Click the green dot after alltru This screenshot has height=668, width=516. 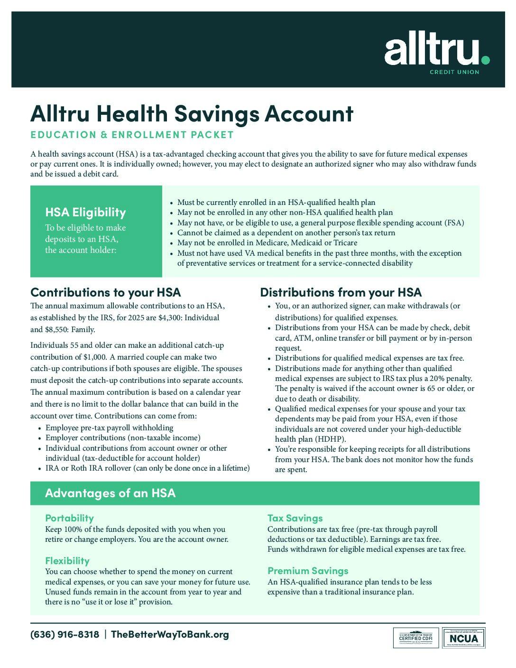point(485,60)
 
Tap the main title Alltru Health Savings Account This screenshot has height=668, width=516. point(192,114)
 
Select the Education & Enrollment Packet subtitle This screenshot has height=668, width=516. point(132,135)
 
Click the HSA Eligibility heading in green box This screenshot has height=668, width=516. point(85,213)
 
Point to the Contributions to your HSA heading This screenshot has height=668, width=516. point(105,292)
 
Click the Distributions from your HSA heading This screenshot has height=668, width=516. point(341,292)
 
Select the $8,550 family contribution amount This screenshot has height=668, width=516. point(57,330)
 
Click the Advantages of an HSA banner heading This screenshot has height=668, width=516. point(110,493)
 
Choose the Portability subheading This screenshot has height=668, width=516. point(69,518)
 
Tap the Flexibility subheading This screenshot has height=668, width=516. point(67,561)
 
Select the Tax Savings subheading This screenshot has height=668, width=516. point(295,518)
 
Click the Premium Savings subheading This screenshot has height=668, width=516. point(307,571)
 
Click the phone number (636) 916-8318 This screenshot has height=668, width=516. point(64,635)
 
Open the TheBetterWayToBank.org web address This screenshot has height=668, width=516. point(169,635)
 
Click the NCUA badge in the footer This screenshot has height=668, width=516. point(464,638)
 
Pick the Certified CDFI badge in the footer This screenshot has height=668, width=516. point(415,638)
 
